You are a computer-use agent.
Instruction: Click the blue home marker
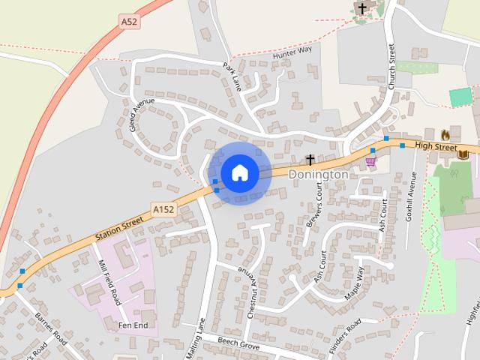239,172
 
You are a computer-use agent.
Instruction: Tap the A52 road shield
129,22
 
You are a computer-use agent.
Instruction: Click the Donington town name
319,174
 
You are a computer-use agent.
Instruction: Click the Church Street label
391,67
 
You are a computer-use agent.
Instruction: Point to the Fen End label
133,325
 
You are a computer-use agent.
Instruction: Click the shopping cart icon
370,160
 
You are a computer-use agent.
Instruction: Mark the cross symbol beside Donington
309,159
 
